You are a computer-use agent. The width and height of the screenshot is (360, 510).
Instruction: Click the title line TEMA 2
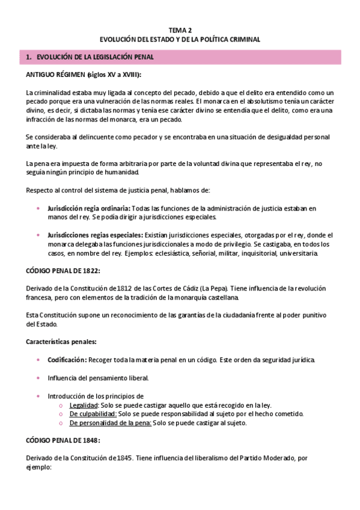tap(180, 29)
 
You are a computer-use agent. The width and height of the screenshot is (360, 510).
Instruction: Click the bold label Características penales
tap(62, 342)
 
